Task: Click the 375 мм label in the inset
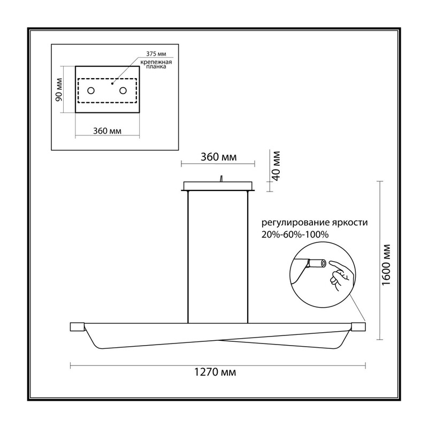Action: (156, 54)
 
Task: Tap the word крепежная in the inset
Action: (156, 62)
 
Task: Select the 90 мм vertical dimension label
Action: (59, 89)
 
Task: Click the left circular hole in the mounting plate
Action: (91, 90)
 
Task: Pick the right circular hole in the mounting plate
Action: (123, 90)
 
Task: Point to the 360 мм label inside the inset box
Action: (108, 131)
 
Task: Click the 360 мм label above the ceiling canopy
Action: (219, 157)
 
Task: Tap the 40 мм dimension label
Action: (277, 166)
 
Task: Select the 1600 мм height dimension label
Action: (386, 265)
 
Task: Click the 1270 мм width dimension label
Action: (215, 372)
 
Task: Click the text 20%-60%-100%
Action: (295, 234)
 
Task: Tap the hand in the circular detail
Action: (340, 274)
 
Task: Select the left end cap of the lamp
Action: (77, 327)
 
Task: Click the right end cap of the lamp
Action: (358, 327)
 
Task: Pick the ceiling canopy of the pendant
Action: (218, 186)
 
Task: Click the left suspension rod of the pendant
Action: (188, 257)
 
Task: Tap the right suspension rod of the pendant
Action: (248, 257)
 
